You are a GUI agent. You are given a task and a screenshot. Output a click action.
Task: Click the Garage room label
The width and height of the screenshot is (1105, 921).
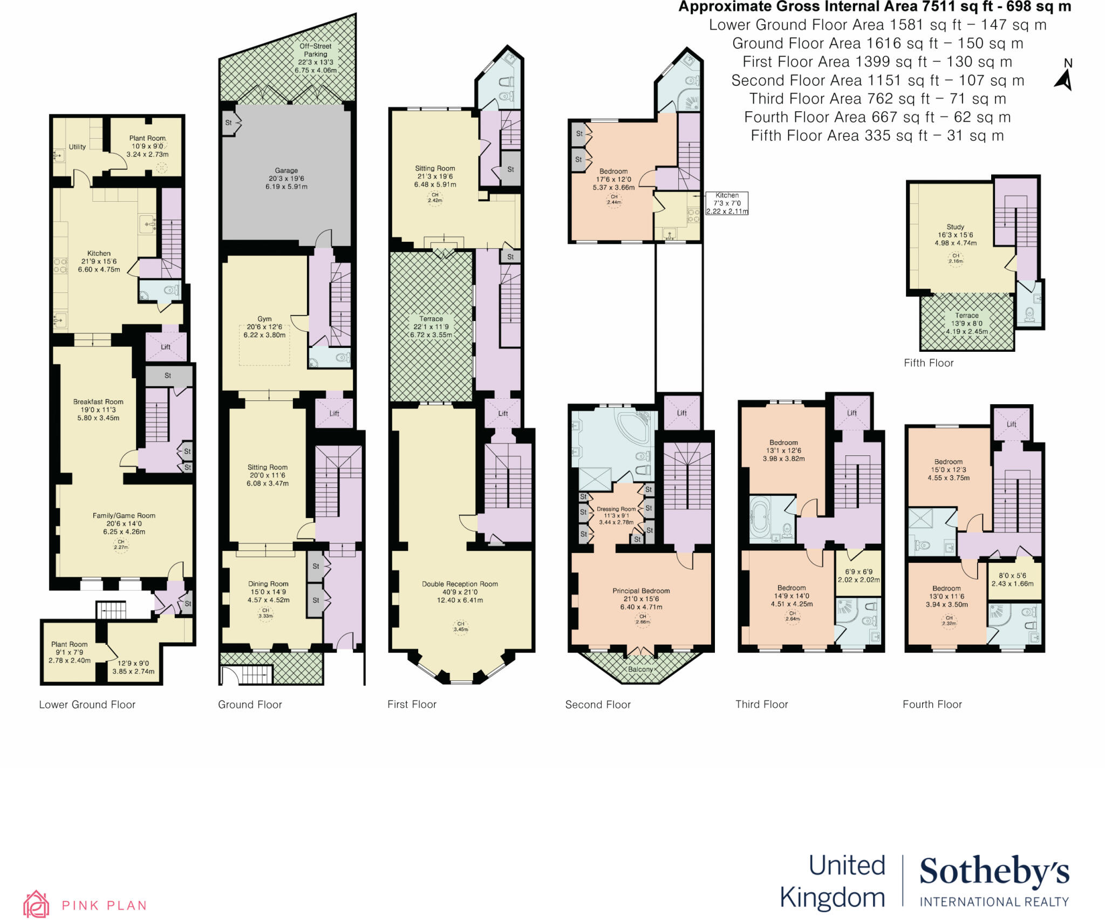click(286, 170)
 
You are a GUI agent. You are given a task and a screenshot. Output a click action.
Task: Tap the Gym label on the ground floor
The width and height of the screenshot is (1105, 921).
click(264, 319)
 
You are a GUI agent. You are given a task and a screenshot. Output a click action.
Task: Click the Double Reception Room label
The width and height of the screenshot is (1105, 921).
click(460, 584)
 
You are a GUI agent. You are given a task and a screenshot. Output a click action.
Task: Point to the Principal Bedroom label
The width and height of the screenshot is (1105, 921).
click(641, 591)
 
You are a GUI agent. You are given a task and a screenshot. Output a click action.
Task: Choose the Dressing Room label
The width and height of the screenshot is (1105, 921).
click(616, 509)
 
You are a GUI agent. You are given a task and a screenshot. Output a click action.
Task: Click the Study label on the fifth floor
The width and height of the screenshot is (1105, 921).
click(955, 227)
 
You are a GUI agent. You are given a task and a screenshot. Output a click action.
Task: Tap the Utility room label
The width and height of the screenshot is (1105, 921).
click(77, 147)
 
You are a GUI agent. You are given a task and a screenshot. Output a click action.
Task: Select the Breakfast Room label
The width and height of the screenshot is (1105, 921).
click(98, 402)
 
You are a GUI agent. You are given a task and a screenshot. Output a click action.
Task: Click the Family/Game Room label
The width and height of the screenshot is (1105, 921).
click(124, 516)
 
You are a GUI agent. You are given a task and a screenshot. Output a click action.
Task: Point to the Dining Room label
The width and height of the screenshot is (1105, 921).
click(268, 584)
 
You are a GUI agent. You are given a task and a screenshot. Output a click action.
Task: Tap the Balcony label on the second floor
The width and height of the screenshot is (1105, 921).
click(640, 669)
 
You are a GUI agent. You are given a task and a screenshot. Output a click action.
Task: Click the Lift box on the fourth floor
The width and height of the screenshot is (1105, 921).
click(1011, 424)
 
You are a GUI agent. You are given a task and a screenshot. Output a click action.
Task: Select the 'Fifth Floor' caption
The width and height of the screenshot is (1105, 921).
click(929, 363)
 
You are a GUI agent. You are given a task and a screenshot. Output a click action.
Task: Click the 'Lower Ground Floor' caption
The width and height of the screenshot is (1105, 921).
click(87, 705)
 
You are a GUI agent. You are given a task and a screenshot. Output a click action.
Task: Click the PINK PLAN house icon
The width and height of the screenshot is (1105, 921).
click(36, 904)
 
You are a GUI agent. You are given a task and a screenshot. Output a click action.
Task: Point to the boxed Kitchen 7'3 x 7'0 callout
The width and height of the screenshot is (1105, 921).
click(727, 203)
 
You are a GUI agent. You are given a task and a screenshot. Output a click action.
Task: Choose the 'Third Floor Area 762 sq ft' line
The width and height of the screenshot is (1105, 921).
click(877, 99)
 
